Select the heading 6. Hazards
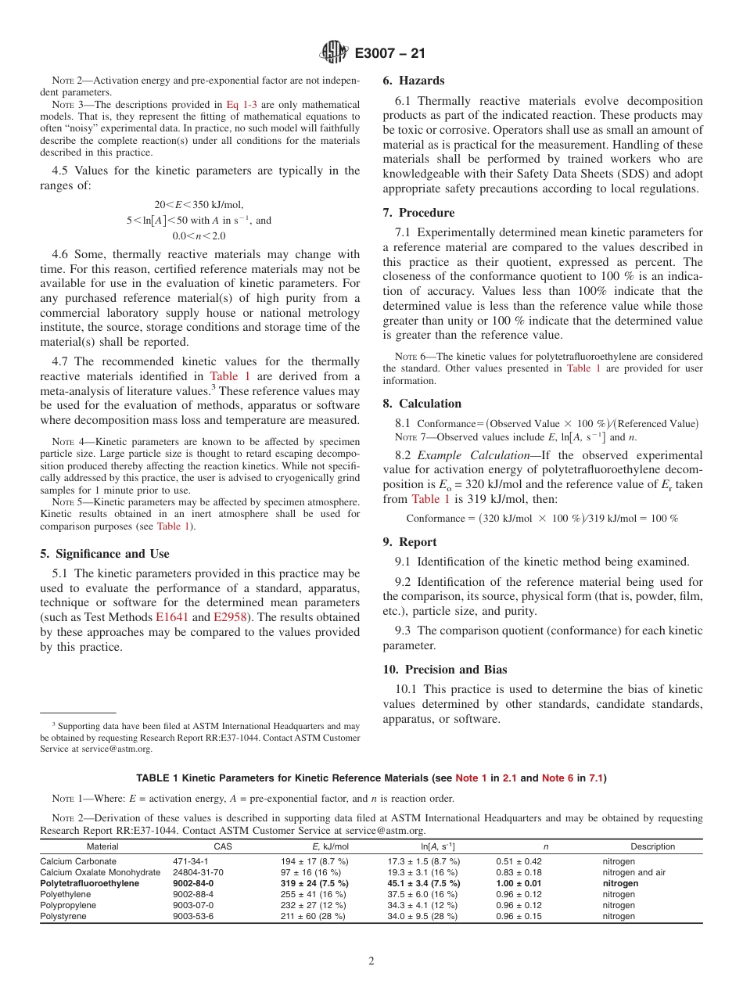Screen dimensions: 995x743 tap(413, 81)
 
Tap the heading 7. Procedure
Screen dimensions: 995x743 tap(418, 213)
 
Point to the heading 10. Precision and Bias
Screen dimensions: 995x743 tap(445, 670)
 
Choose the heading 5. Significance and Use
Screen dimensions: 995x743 tap(104, 554)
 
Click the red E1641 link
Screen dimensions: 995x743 tap(171, 617)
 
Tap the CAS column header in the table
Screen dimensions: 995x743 tap(223, 846)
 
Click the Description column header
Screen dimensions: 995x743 tap(652, 846)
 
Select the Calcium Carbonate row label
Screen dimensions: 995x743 tap(78, 861)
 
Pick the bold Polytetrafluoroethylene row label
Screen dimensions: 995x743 tap(90, 883)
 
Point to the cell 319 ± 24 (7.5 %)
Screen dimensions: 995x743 tap(314, 883)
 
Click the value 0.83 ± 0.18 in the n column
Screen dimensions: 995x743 tap(519, 872)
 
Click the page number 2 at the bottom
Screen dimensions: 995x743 tap(371, 961)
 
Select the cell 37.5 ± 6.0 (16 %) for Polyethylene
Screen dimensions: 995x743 tap(422, 894)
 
